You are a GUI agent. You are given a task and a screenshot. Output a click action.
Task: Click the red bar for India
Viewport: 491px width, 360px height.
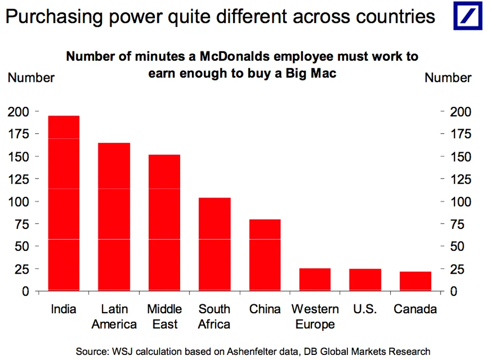tap(64, 204)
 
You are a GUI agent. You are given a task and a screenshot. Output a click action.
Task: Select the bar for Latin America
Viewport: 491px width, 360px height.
tap(114, 217)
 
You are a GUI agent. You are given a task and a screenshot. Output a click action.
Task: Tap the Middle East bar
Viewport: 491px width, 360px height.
tap(164, 223)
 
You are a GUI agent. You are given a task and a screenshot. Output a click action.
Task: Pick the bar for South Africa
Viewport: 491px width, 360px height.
tap(215, 244)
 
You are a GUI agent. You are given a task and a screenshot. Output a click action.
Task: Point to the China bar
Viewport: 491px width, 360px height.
tap(265, 255)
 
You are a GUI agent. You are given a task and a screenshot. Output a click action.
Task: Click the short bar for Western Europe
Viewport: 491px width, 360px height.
tap(315, 280)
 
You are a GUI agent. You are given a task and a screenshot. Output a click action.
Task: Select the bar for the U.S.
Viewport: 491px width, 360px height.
tap(365, 280)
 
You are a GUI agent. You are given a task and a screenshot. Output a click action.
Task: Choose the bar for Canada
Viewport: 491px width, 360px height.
tap(415, 281)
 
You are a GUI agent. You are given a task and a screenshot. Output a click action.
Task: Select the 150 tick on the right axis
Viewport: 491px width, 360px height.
tap(460, 156)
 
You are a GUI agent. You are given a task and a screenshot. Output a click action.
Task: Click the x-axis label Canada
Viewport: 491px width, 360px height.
tap(415, 309)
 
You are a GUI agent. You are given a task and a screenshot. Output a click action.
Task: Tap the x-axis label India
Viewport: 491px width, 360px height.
tap(64, 309)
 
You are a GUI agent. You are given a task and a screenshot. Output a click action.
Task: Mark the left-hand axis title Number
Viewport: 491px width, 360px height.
tap(31, 78)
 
